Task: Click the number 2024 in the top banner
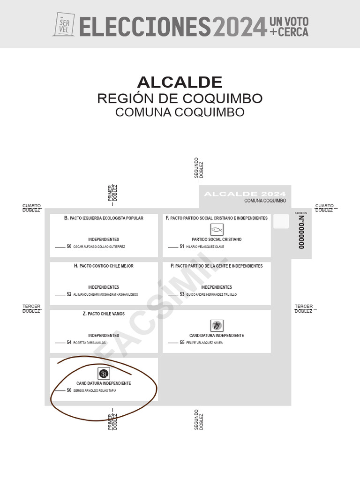click(240, 26)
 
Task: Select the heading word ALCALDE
click(180, 82)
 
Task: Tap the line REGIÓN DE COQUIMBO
click(180, 99)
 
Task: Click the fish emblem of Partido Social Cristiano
click(217, 230)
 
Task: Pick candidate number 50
click(69, 247)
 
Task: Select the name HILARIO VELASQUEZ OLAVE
click(205, 247)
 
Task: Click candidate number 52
click(69, 294)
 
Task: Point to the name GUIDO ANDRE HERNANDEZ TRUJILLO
click(211, 294)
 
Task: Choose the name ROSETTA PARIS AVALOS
click(90, 343)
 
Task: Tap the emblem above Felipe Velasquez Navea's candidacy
click(217, 325)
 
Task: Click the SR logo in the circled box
click(104, 374)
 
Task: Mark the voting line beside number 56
click(60, 390)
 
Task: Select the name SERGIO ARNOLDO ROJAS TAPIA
click(95, 390)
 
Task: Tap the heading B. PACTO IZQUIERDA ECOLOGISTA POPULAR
click(104, 218)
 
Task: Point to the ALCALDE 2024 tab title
click(245, 194)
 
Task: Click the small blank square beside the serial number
click(281, 221)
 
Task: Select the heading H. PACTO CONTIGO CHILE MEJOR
click(104, 266)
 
